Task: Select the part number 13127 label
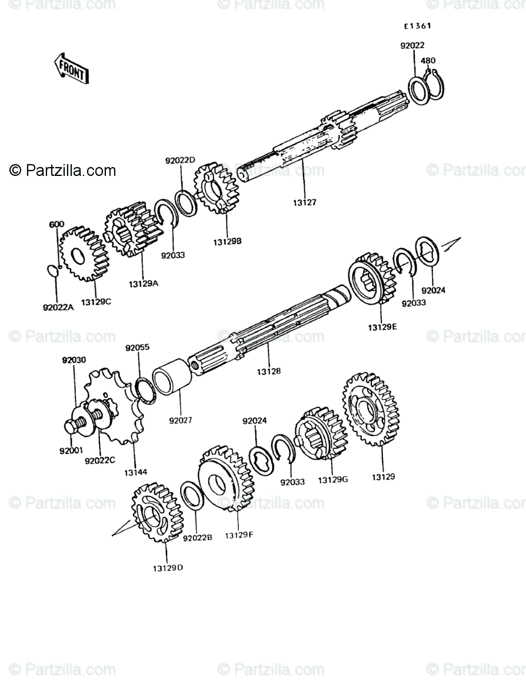(304, 203)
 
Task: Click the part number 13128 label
(268, 371)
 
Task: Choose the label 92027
(180, 421)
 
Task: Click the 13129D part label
(168, 568)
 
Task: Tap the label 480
(428, 61)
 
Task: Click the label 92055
(137, 348)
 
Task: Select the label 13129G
(333, 480)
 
